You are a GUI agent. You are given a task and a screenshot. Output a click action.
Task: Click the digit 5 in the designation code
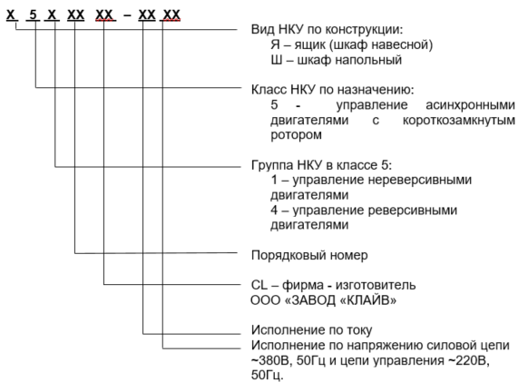click(33, 15)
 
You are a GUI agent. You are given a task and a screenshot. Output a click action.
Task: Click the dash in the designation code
click(127, 15)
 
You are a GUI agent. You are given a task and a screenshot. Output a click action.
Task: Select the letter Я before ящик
click(276, 44)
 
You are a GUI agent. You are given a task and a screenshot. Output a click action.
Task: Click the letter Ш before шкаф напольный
click(277, 60)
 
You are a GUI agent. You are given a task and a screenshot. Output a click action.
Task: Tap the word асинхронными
click(471, 104)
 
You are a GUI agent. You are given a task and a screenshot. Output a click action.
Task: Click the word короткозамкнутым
click(459, 120)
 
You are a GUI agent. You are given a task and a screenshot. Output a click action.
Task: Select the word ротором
click(297, 135)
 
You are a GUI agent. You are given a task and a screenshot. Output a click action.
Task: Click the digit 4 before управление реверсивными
click(275, 210)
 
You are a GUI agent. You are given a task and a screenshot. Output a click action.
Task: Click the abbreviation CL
click(259, 285)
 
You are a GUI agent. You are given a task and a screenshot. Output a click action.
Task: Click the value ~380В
click(272, 360)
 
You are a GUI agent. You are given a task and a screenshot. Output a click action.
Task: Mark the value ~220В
click(469, 360)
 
